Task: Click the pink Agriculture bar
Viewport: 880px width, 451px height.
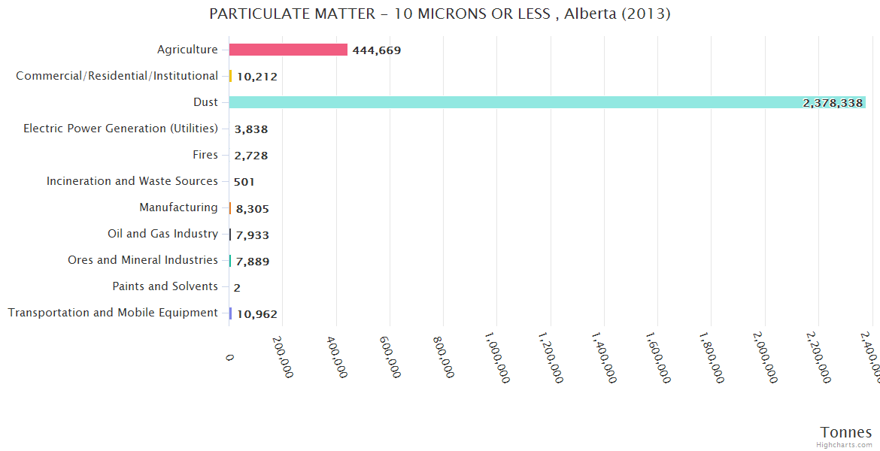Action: pos(288,50)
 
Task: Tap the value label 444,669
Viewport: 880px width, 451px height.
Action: pos(376,50)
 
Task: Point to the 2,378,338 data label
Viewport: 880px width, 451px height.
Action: pos(833,103)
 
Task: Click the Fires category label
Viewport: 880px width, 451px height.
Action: pos(205,155)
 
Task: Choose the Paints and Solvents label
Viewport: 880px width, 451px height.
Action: pos(165,286)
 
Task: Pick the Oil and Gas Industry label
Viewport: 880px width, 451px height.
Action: pos(162,234)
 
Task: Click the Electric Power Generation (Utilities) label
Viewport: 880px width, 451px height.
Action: pos(120,129)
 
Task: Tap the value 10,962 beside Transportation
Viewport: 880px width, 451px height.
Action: pos(256,314)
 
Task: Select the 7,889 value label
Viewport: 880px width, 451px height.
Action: pos(252,262)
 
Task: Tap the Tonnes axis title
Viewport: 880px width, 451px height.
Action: pos(845,432)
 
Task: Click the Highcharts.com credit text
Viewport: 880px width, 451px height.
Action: pos(845,444)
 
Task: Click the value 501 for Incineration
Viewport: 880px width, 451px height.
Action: pos(244,182)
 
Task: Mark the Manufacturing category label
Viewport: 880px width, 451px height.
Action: pos(178,207)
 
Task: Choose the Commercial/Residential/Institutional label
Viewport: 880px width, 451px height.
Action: pos(117,76)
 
